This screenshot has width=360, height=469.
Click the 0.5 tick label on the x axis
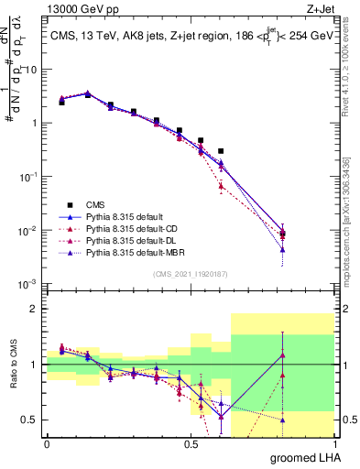pos(191,444)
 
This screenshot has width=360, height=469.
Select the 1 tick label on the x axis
pos(336,444)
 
